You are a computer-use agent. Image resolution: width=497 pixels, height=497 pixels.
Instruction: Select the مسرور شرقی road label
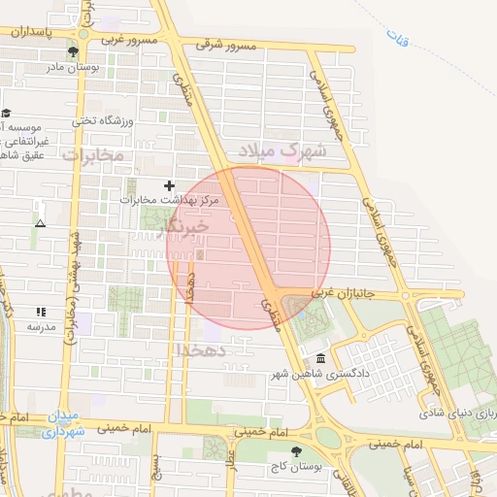pyautogui.click(x=225, y=45)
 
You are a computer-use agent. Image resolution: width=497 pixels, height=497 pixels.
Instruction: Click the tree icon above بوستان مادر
pyautogui.click(x=74, y=51)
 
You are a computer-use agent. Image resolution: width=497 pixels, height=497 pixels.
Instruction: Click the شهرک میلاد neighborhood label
pyautogui.click(x=284, y=151)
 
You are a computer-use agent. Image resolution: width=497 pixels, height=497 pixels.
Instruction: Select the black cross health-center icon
pyautogui.click(x=169, y=184)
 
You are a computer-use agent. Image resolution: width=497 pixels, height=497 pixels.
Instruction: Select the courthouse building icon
pyautogui.click(x=321, y=356)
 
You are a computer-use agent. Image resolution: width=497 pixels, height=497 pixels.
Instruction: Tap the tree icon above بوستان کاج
pyautogui.click(x=297, y=450)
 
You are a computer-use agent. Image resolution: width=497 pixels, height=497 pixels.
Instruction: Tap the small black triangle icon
pyautogui.click(x=40, y=223)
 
